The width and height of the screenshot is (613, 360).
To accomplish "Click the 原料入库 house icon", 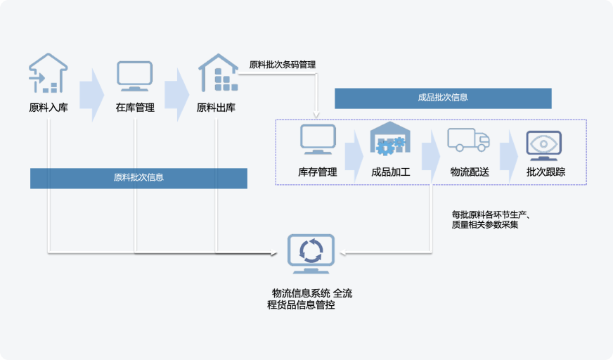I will click(48, 74).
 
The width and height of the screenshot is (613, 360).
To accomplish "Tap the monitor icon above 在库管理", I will click(134, 76).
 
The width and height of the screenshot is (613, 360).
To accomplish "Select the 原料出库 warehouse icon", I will click(217, 73).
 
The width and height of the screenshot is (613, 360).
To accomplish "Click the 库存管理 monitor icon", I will click(318, 139).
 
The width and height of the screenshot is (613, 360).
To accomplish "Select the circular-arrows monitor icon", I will click(310, 254).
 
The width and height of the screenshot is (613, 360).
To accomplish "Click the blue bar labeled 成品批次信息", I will click(443, 98).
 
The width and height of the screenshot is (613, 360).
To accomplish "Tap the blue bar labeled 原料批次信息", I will click(138, 178).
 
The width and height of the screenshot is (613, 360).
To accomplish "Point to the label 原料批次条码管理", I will click(283, 65).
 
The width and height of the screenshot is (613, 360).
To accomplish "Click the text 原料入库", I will click(49, 108).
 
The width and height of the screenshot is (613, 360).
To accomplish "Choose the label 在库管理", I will click(135, 108).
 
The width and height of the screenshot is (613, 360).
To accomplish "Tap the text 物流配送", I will click(470, 172).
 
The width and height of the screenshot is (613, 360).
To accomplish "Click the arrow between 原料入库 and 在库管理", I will click(91, 91).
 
